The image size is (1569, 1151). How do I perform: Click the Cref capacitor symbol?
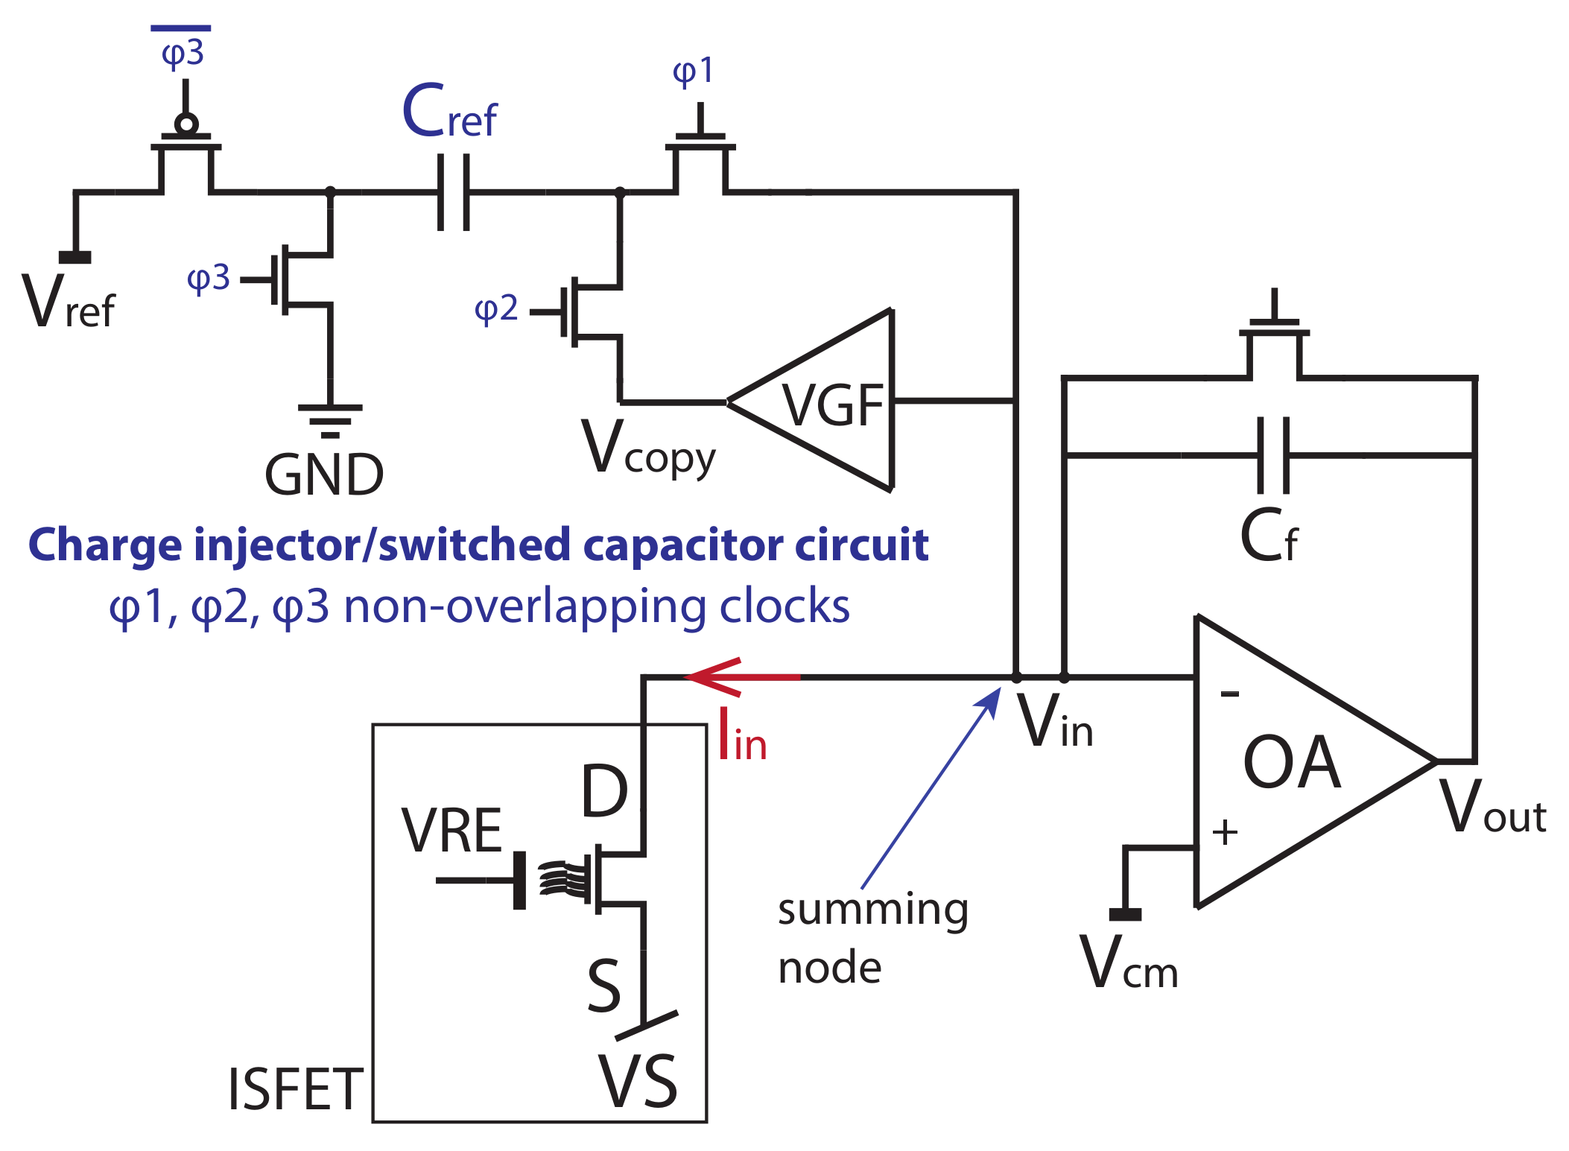(x=453, y=192)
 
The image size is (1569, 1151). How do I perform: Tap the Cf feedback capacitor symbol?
(x=1272, y=454)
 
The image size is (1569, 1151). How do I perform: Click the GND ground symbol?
(x=330, y=420)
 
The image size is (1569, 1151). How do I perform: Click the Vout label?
(x=1492, y=808)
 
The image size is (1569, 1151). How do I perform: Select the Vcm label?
(x=1128, y=964)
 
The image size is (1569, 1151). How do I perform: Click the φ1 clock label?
(x=693, y=72)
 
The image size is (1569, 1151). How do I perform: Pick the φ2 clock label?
(x=496, y=308)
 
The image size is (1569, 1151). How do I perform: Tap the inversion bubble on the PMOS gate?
(x=186, y=124)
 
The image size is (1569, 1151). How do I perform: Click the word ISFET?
(x=295, y=1089)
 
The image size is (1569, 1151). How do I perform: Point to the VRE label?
(x=451, y=831)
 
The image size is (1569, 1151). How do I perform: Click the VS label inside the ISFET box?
(x=638, y=1082)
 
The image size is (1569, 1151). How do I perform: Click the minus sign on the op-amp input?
(x=1230, y=694)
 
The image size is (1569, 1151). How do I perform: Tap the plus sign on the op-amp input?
(x=1225, y=831)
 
